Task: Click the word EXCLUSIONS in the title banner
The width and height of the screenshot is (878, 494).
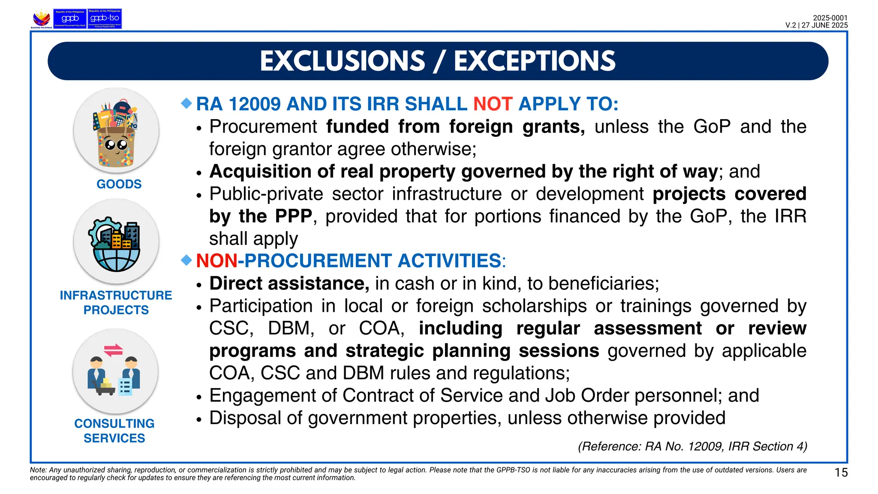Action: pyautogui.click(x=342, y=61)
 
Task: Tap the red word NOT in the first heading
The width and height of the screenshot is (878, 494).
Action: pyautogui.click(x=493, y=104)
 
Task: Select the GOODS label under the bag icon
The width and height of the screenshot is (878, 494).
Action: pyautogui.click(x=119, y=184)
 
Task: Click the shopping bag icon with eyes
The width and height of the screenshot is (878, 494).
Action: pyautogui.click(x=116, y=131)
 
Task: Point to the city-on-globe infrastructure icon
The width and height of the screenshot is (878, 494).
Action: pyautogui.click(x=116, y=242)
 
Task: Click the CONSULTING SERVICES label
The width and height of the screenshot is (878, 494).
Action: pyautogui.click(x=114, y=431)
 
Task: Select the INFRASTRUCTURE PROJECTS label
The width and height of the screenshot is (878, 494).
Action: pyautogui.click(x=116, y=302)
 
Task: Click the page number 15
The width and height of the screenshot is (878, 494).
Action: pyautogui.click(x=841, y=473)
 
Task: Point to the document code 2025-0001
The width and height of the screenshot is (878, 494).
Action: pyautogui.click(x=830, y=18)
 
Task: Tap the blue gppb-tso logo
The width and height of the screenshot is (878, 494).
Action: pyautogui.click(x=105, y=19)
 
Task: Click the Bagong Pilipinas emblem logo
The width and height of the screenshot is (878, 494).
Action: pyautogui.click(x=42, y=19)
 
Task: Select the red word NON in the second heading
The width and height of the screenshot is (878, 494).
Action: pyautogui.click(x=216, y=261)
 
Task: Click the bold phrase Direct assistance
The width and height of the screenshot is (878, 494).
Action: pyautogui.click(x=289, y=283)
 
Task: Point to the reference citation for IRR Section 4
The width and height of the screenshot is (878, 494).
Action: pyautogui.click(x=692, y=446)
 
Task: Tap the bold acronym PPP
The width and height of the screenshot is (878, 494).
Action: pyautogui.click(x=293, y=216)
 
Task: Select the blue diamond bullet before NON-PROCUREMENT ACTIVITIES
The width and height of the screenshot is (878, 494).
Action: pyautogui.click(x=186, y=260)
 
